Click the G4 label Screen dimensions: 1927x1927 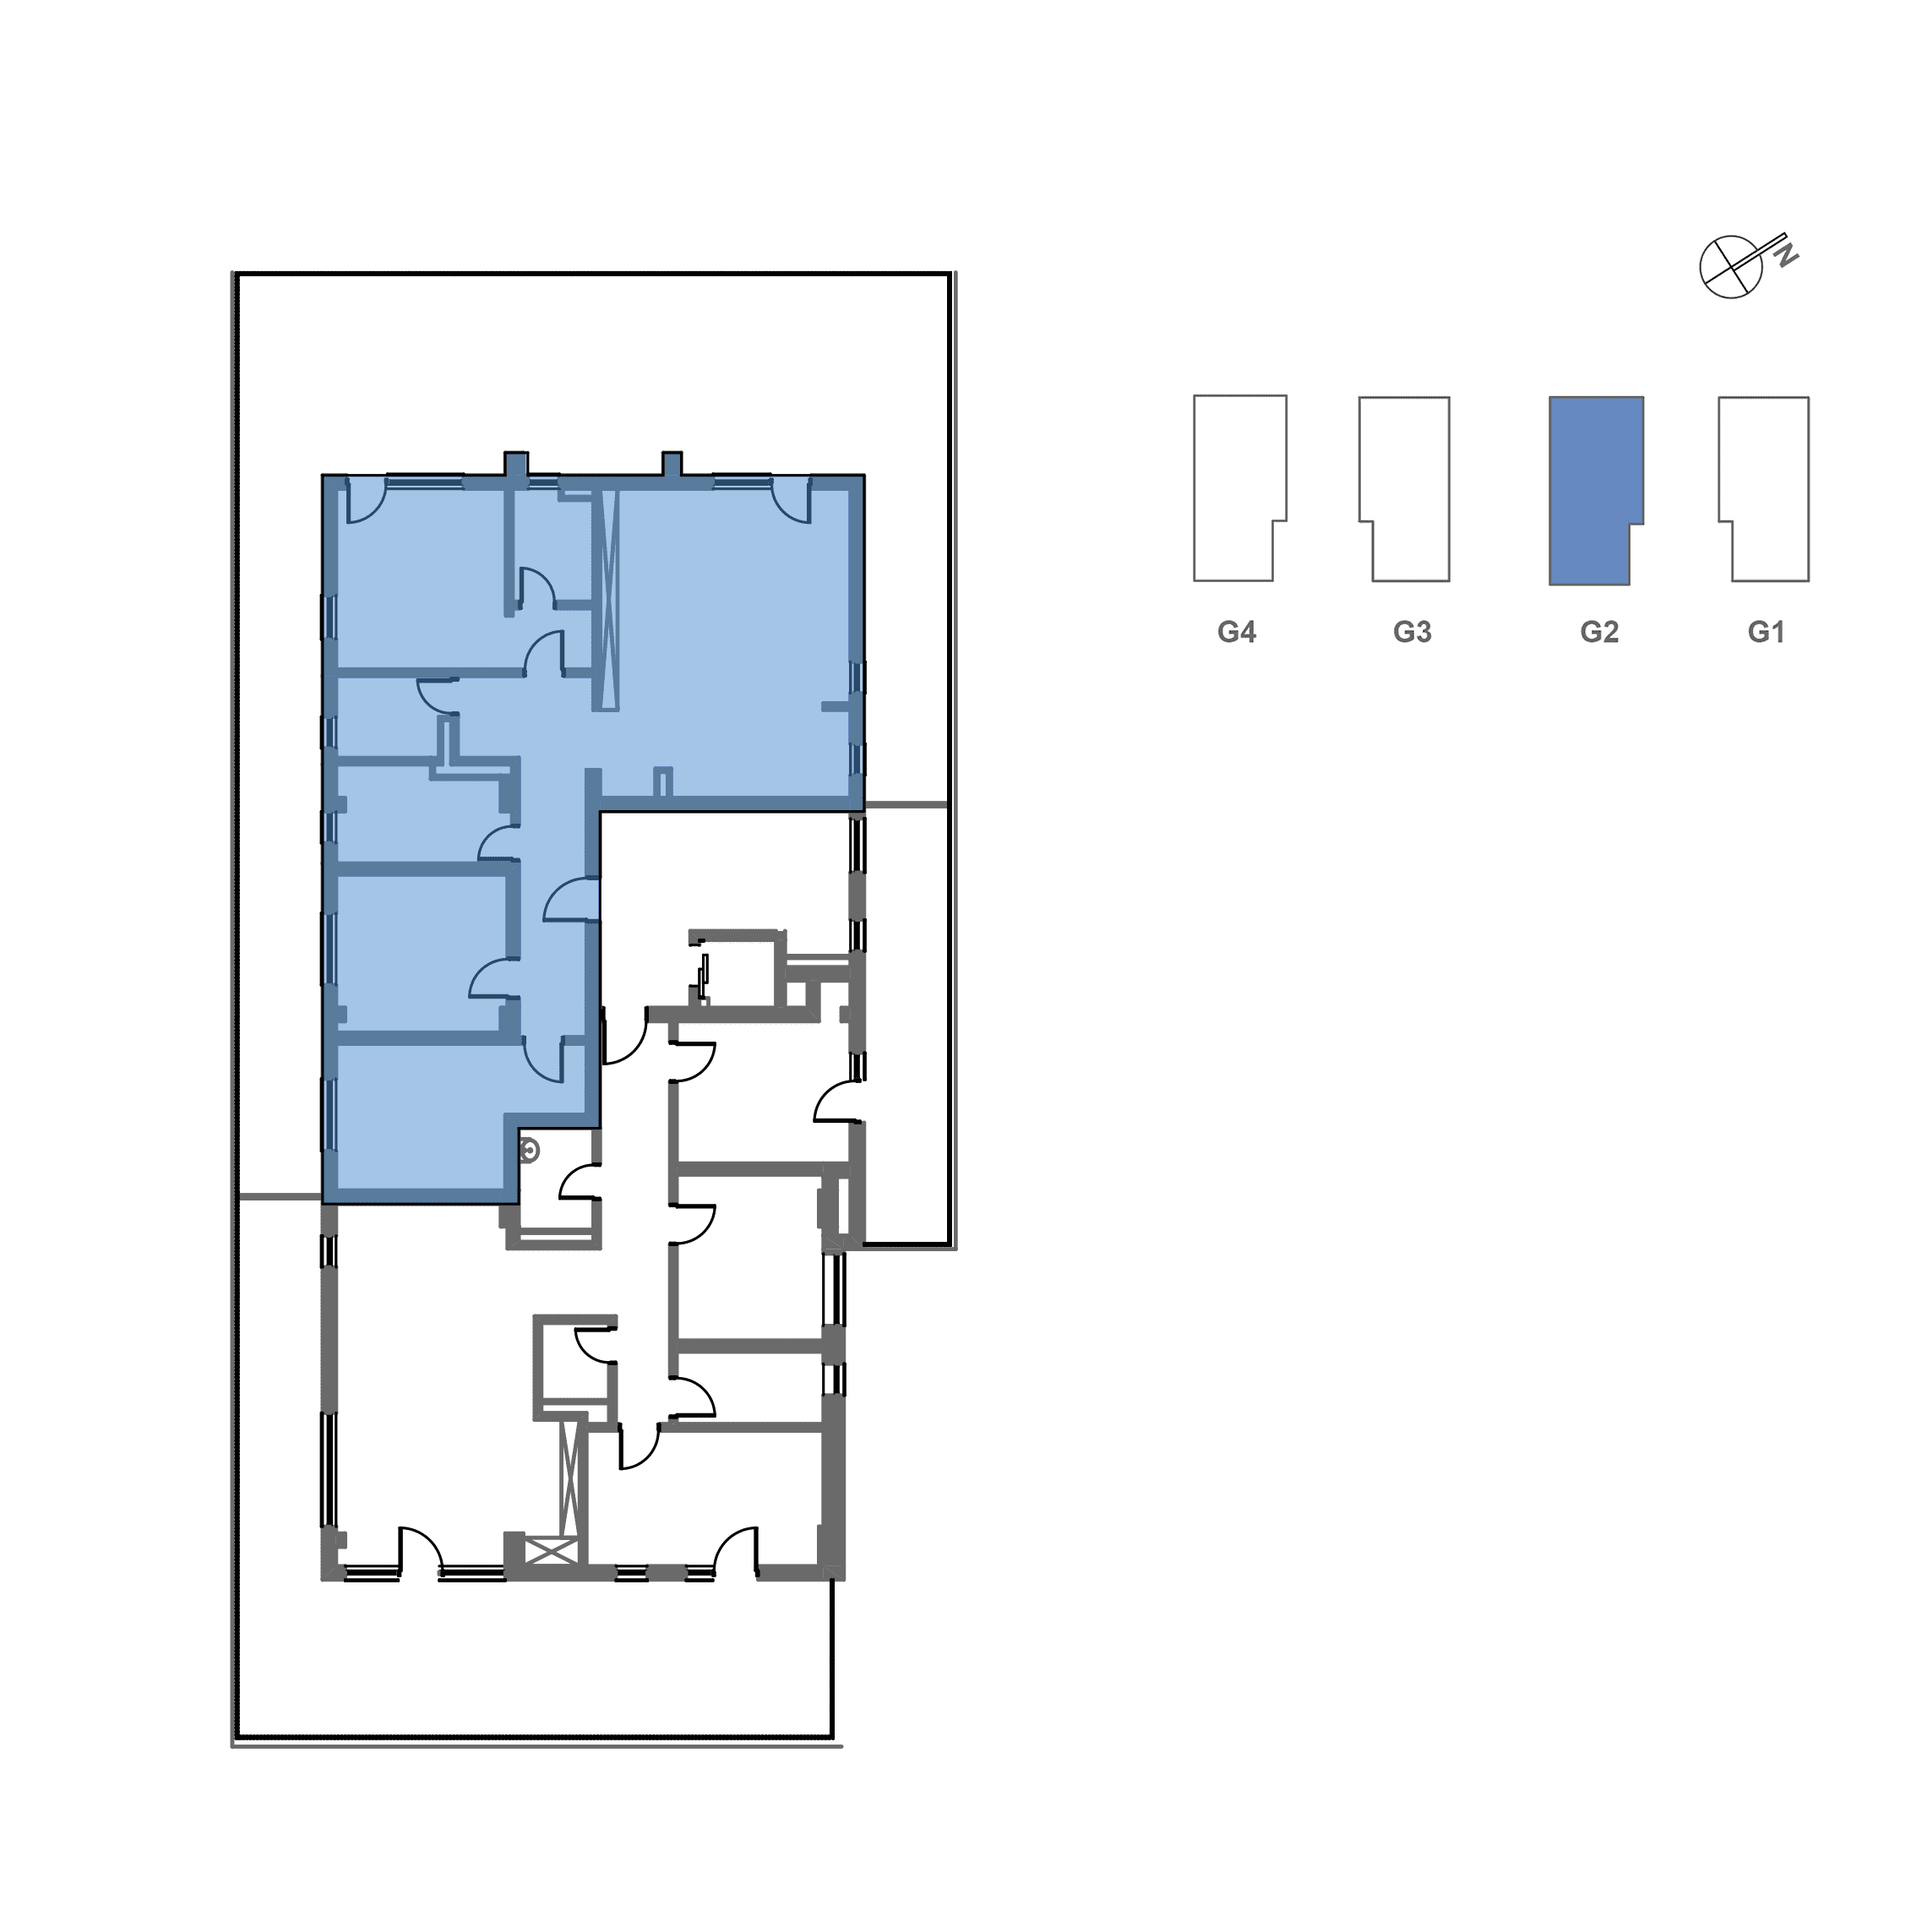point(1236,633)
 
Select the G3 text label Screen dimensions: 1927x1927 point(1413,633)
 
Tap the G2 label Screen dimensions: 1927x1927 point(1599,633)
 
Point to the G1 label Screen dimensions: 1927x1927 point(1766,633)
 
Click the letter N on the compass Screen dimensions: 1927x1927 point(1787,254)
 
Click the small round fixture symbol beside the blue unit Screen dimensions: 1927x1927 point(530,1153)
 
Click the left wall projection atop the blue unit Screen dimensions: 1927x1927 point(515,464)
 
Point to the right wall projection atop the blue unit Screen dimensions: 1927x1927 point(672,464)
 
